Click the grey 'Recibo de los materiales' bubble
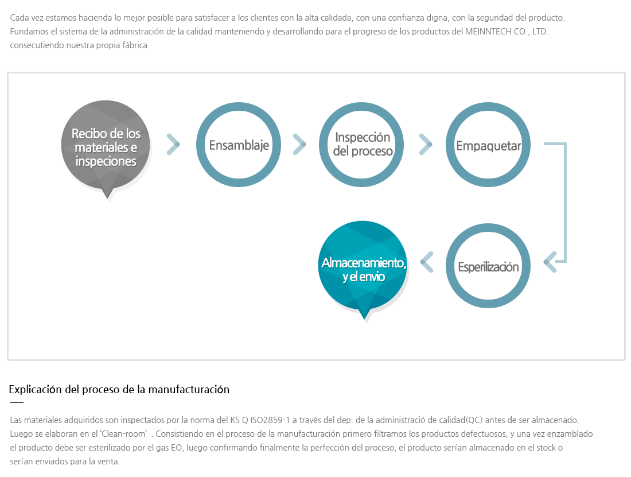coord(106,145)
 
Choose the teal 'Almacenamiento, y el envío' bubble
coord(363,266)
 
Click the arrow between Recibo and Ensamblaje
coord(173,145)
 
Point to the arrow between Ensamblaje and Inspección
coord(299,145)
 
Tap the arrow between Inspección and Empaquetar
coord(426,145)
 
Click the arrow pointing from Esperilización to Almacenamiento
coord(427,262)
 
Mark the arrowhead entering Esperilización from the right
coord(550,262)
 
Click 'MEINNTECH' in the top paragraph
coord(488,32)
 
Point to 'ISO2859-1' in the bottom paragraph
coord(270,420)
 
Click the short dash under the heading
coord(17,402)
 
